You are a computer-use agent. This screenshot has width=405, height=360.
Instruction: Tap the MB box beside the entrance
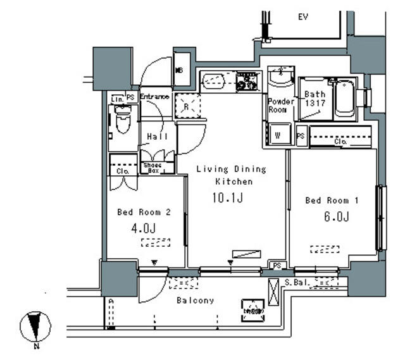click(179, 70)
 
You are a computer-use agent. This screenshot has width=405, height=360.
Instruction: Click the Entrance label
click(154, 97)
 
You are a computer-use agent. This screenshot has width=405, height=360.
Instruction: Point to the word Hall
click(157, 137)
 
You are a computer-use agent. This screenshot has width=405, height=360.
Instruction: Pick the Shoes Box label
click(152, 168)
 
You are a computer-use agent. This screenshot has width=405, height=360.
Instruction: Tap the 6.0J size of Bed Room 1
click(335, 217)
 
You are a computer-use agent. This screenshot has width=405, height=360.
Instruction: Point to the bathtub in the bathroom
click(344, 99)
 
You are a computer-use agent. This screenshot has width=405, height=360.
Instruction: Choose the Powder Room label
click(280, 106)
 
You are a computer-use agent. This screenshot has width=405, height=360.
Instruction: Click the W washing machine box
click(277, 133)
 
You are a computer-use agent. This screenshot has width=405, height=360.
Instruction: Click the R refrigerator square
click(187, 106)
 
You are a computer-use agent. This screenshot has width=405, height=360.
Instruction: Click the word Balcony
click(195, 301)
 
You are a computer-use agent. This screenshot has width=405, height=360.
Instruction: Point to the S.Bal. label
click(296, 282)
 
